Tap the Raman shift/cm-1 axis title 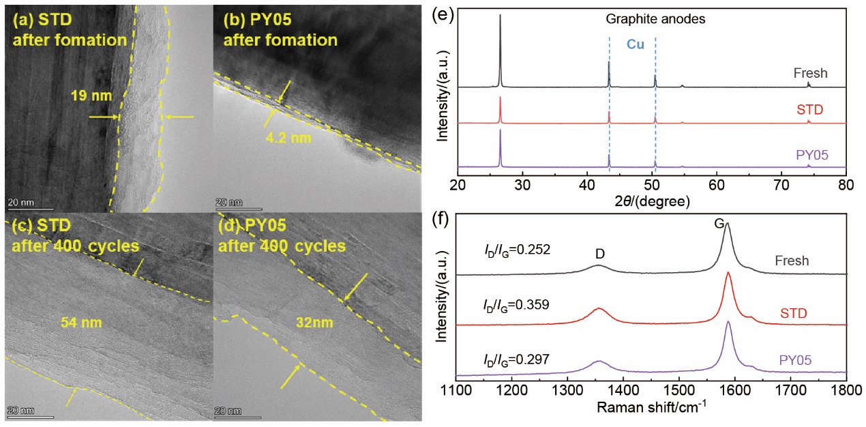(651, 409)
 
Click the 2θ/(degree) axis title (651, 201)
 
